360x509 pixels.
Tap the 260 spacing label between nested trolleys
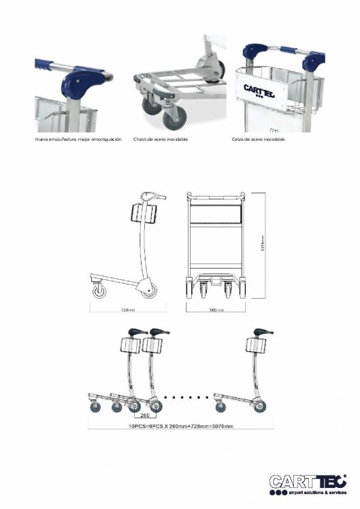(144, 414)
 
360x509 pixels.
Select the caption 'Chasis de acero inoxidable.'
(161, 139)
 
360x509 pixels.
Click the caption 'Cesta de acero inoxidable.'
(259, 139)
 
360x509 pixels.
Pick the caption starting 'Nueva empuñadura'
(79, 139)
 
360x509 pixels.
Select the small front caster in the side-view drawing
(100, 292)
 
